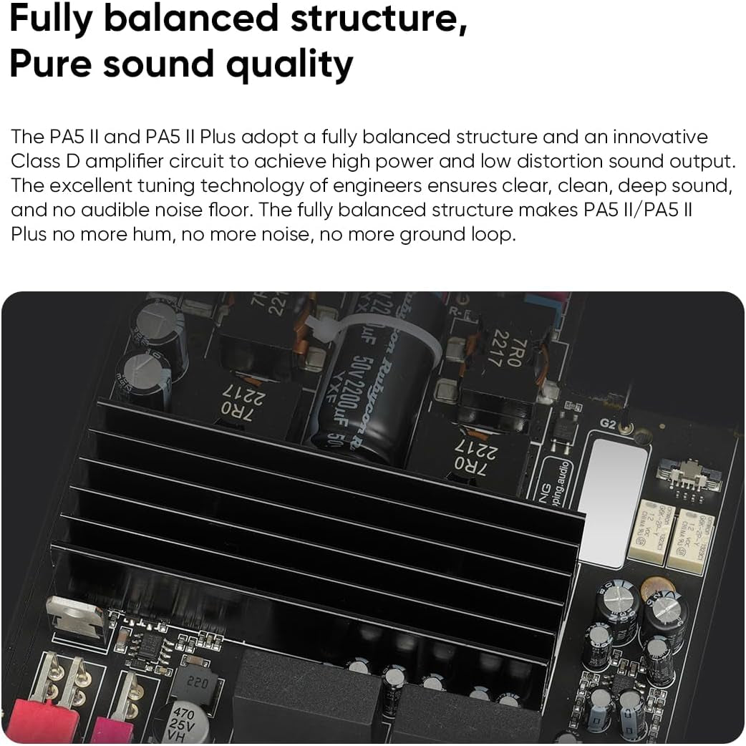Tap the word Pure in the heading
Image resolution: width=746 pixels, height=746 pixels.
[x=49, y=64]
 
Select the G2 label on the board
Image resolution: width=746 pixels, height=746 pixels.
[x=609, y=424]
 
